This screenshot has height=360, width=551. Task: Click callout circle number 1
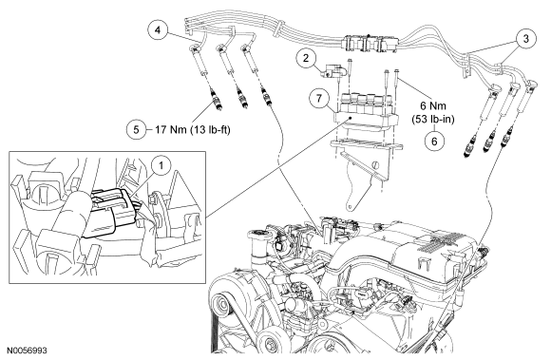tap(161, 165)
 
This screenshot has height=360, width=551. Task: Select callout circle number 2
tap(306, 58)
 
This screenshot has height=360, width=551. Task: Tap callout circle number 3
tap(525, 39)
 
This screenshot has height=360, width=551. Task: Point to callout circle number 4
tap(158, 30)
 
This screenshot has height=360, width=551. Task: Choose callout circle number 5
tap(136, 130)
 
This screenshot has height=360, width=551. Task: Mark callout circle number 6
tap(434, 142)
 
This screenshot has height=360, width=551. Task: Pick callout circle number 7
tap(318, 98)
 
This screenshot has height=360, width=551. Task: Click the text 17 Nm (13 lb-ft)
tap(193, 130)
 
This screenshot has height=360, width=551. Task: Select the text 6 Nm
tap(433, 105)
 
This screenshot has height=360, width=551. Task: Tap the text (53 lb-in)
tap(433, 120)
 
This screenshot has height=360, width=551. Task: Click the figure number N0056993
tap(28, 351)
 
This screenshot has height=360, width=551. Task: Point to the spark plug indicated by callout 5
tap(215, 100)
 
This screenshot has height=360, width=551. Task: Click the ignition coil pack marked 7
tap(365, 110)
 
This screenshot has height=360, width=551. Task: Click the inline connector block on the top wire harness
tap(370, 43)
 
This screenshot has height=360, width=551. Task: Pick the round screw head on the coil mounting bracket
tap(375, 164)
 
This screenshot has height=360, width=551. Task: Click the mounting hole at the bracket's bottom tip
tap(350, 207)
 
